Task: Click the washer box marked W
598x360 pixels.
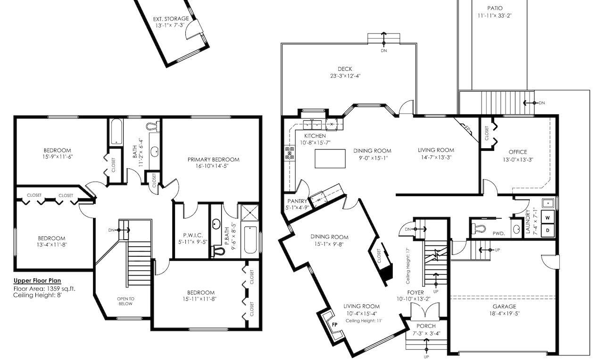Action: [x=548, y=218]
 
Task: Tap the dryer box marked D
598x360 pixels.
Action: [x=548, y=230]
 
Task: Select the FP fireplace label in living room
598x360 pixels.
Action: [x=335, y=325]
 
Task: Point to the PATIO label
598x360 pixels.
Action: [x=494, y=8]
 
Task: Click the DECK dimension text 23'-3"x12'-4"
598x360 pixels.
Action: [x=345, y=76]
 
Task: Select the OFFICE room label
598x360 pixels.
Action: [x=517, y=152]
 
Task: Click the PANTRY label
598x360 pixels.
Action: [x=297, y=201]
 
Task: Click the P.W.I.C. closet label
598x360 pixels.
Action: [x=192, y=235]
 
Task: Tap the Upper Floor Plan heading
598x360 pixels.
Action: [x=37, y=281]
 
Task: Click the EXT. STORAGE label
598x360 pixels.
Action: [x=171, y=19]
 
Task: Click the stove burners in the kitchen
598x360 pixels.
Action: [x=289, y=153]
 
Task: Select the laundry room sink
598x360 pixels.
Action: [x=548, y=204]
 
